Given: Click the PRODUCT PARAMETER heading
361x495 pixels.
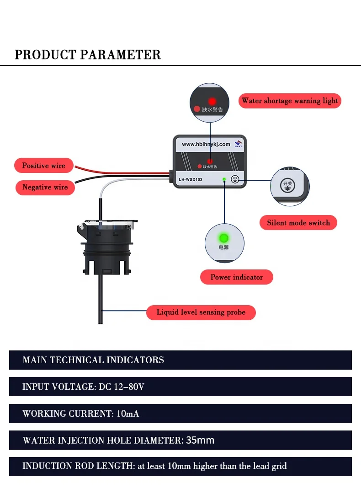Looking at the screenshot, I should pos(88,54).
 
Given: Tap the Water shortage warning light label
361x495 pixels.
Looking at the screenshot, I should pos(290,101).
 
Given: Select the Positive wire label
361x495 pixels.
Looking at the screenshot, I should pos(44,166).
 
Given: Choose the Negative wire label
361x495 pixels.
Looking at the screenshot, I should pos(45,187).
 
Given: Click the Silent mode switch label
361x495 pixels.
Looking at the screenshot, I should pos(298,223).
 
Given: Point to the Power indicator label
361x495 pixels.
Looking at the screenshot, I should pos(236,277).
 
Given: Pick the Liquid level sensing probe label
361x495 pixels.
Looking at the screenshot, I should pos(201,312).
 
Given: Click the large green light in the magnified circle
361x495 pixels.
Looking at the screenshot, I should pos(224,238).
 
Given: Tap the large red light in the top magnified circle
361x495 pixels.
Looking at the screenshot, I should pos(212,101).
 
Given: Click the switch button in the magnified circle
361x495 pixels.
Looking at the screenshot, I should pos(287,185).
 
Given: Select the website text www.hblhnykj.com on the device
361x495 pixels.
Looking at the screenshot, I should pos(206,144).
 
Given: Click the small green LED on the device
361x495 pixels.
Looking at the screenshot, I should pos(223,179).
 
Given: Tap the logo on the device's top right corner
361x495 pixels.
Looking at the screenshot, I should pos(238,144).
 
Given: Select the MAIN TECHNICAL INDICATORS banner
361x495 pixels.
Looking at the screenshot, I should pos(93,360).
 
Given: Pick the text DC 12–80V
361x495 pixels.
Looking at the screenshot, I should pos(121,387).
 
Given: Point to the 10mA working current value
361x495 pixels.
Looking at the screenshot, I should pos(128,414).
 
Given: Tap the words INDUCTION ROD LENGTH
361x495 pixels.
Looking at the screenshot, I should pos(78,466).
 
